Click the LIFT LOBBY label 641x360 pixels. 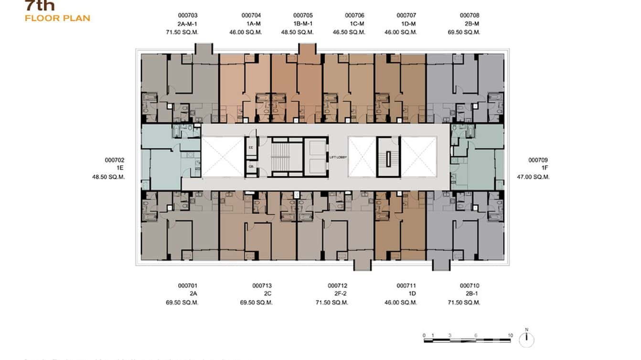(338, 157)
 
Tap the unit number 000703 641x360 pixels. (188, 16)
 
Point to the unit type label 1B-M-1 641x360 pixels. (303, 24)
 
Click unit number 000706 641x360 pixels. (354, 16)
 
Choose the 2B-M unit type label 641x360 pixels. (470, 24)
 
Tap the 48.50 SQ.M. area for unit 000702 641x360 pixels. (108, 177)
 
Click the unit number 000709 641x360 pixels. (538, 160)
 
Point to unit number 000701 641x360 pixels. (188, 286)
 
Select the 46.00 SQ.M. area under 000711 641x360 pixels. (401, 303)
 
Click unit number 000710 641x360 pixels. (470, 286)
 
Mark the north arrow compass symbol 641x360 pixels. (526, 339)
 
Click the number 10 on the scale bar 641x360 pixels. (510, 335)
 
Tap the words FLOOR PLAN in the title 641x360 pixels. (57, 19)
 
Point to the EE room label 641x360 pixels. (251, 148)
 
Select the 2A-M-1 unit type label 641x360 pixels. (188, 24)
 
